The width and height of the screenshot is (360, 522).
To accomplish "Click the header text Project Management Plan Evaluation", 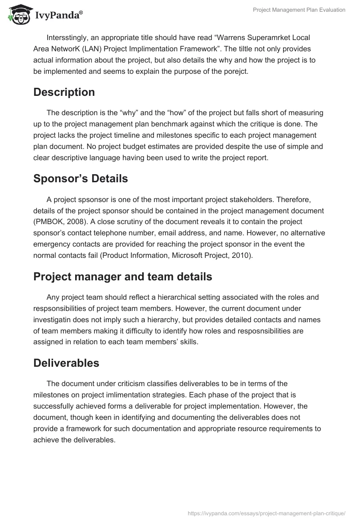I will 299,10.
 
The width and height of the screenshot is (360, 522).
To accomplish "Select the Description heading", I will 64,92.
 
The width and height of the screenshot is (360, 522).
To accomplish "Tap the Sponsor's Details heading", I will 81,179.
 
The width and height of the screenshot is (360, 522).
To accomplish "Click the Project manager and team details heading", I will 122,277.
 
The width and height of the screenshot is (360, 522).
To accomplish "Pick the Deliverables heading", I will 66,363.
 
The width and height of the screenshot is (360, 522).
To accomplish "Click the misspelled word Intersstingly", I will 67,38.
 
